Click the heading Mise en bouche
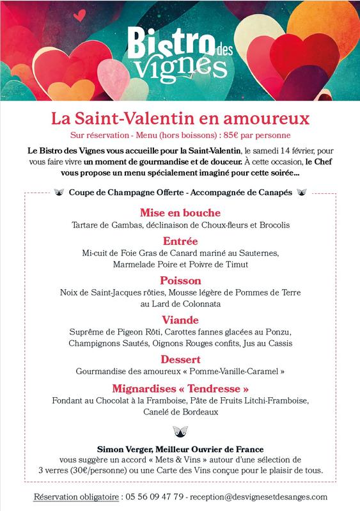coord(180,212)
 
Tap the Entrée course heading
coord(180,241)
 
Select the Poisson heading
coord(180,280)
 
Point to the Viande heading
coord(180,320)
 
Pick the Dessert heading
coord(180,359)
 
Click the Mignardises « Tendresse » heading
coord(180,388)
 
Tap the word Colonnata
coord(200,304)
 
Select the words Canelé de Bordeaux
coord(180,412)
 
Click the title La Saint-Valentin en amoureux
coord(180,118)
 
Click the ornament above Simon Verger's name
coord(180,430)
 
